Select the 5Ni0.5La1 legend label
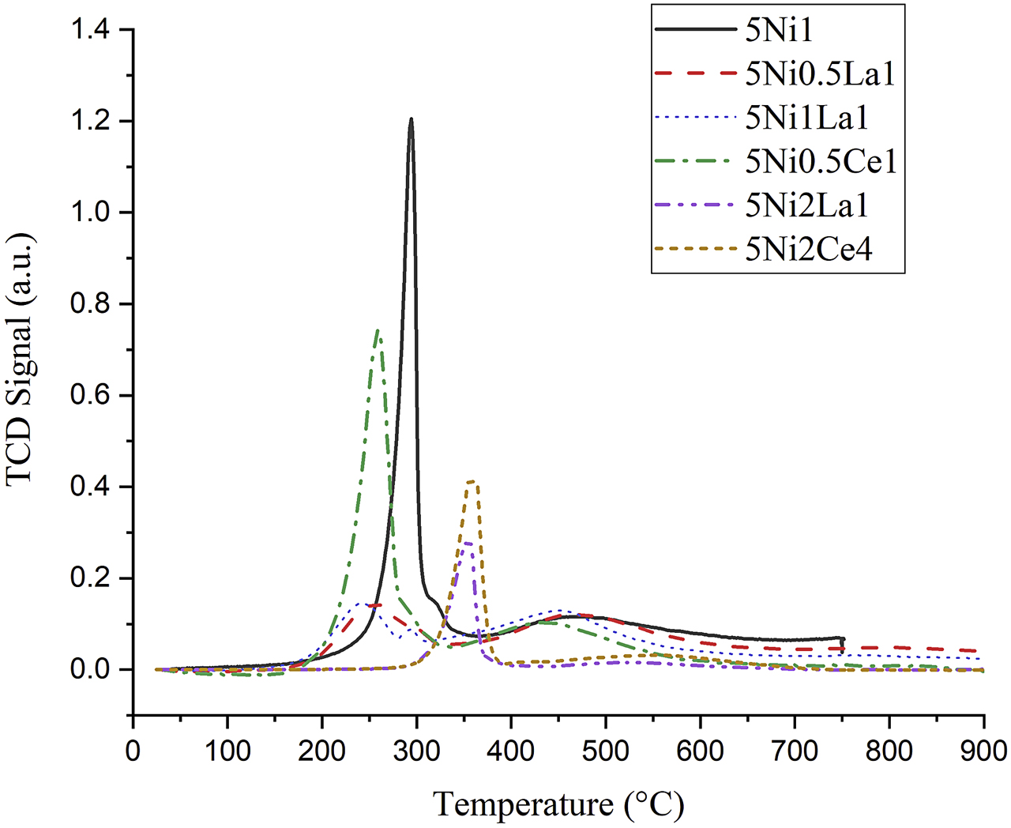820,73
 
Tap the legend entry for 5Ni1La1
806,118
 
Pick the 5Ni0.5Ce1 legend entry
821,162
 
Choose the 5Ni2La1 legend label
806,205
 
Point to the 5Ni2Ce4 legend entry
809,250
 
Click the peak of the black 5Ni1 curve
411,119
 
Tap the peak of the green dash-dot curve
378,330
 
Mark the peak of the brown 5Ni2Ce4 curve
472,481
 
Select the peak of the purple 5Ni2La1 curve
468,543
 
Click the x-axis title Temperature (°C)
558,804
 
